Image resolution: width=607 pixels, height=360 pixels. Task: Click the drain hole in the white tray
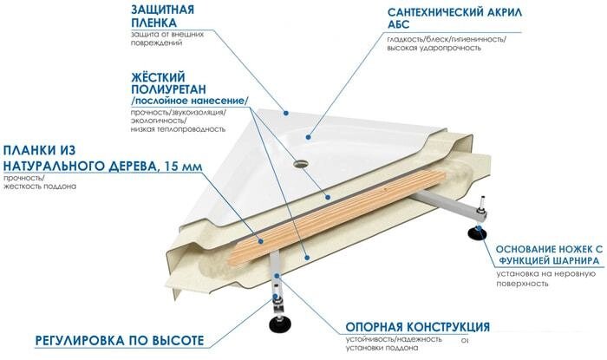pyautogui.click(x=301, y=164)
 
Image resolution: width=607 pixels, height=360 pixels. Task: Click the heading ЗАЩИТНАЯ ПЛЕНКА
pyautogui.click(x=162, y=16)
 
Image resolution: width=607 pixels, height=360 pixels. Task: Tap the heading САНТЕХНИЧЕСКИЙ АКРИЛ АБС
pyautogui.click(x=454, y=18)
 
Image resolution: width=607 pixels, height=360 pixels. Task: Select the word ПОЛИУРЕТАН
pyautogui.click(x=168, y=89)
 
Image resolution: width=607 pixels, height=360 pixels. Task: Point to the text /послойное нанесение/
pyautogui.click(x=189, y=101)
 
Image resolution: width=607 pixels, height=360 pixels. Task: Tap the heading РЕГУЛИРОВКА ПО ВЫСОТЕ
pyautogui.click(x=120, y=341)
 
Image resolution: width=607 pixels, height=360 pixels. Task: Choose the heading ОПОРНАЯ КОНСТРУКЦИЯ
pyautogui.click(x=417, y=327)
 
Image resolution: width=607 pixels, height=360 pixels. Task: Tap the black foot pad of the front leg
pyautogui.click(x=277, y=324)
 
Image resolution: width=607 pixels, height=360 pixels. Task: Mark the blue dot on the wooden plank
pyautogui.click(x=261, y=241)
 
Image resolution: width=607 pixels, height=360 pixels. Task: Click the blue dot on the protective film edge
pyautogui.click(x=285, y=113)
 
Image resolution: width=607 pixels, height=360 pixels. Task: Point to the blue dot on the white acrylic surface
pyautogui.click(x=308, y=137)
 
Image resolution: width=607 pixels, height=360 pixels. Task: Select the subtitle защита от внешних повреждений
pyautogui.click(x=167, y=38)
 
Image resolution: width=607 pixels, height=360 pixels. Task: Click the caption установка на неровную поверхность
pyautogui.click(x=545, y=278)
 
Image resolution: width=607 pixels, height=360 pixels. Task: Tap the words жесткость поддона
pyautogui.click(x=40, y=187)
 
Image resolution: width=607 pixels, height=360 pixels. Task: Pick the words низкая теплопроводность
pyautogui.click(x=178, y=129)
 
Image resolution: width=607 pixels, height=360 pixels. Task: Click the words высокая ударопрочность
pyautogui.click(x=434, y=48)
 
